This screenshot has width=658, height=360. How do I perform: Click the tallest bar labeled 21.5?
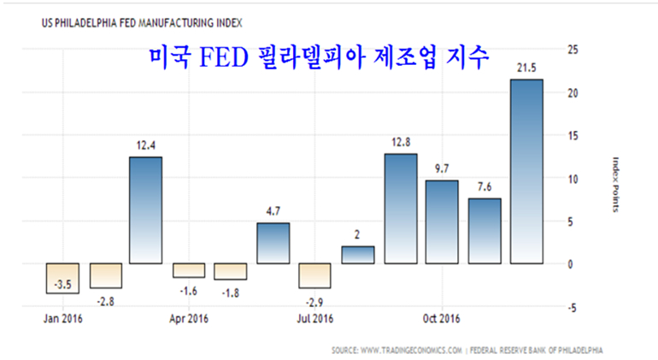526,171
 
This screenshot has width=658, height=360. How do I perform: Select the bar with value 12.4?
147,210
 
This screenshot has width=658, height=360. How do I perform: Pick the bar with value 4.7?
273,243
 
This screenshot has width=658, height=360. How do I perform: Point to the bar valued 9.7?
443,221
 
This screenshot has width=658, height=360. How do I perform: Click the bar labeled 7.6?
485,231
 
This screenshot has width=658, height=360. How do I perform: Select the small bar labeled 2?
358,254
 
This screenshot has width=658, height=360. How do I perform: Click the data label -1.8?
231,292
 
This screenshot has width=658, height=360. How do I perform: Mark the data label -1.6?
189,291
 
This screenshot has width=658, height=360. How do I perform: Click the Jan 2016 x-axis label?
63,320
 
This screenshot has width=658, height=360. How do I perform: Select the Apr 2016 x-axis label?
189,320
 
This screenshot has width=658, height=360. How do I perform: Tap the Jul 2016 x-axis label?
315,320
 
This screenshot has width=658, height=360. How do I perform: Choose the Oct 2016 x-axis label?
442,320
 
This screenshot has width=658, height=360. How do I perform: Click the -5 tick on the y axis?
572,307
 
